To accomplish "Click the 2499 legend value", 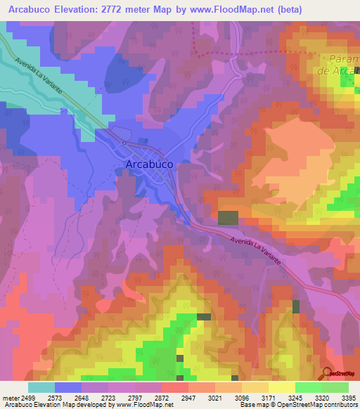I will (x=26, y=398).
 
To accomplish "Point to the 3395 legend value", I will (x=349, y=398).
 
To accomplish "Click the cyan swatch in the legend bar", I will (x=41, y=387).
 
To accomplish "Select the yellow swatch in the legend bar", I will (x=281, y=387).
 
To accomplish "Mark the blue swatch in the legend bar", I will (x=68, y=387).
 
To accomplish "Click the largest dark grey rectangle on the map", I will (x=228, y=217).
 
